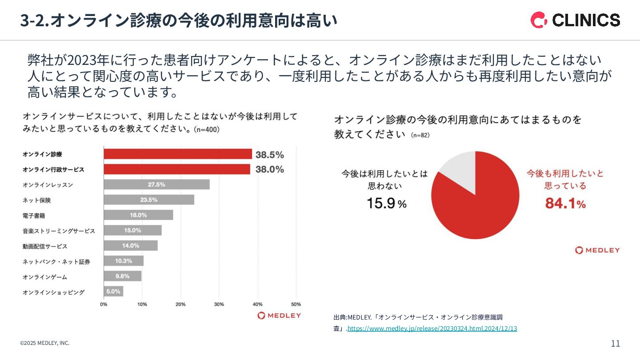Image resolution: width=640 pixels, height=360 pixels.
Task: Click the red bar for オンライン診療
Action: coord(178,154)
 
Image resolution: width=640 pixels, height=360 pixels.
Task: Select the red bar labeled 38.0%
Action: coord(177,169)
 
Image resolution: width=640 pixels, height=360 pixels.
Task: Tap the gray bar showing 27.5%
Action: coord(156,184)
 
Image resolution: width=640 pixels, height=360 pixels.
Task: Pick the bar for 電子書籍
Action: coord(138,215)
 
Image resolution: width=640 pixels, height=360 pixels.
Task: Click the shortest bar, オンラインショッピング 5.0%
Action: coord(113,292)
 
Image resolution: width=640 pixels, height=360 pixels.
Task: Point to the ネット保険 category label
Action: coord(37,200)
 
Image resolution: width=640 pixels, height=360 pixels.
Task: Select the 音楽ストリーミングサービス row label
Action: coord(59,231)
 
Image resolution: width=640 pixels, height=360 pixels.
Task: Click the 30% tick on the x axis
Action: coord(219,304)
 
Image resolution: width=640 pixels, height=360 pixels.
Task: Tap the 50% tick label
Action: coord(296,304)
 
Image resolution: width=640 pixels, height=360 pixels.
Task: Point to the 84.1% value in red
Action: coord(565,204)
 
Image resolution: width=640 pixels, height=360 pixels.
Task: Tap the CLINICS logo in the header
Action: coord(575,20)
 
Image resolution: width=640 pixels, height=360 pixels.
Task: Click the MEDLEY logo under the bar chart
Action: coord(279,316)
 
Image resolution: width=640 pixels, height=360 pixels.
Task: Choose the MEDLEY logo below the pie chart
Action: coord(597,250)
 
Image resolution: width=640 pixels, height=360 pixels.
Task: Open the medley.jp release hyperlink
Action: coord(432,328)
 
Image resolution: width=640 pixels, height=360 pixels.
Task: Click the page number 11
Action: coord(616,343)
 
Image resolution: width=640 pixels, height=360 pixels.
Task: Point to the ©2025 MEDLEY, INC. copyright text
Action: coord(44,343)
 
